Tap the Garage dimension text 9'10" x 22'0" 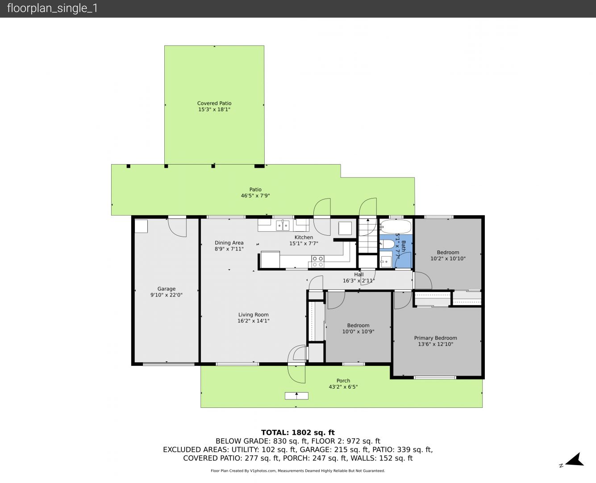coord(167,295)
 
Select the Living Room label coord(253,314)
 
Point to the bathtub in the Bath coord(396,226)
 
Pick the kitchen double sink coord(283,225)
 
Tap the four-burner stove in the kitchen coord(318,261)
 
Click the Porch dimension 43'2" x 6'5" coord(343,386)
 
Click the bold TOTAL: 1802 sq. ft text coord(298,432)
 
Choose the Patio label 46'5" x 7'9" coord(255,193)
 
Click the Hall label coord(359,275)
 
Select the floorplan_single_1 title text coord(52,8)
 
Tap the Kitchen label coord(304,237)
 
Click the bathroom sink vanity coord(387,259)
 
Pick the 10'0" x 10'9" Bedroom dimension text coord(358,331)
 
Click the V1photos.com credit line coord(298,470)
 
